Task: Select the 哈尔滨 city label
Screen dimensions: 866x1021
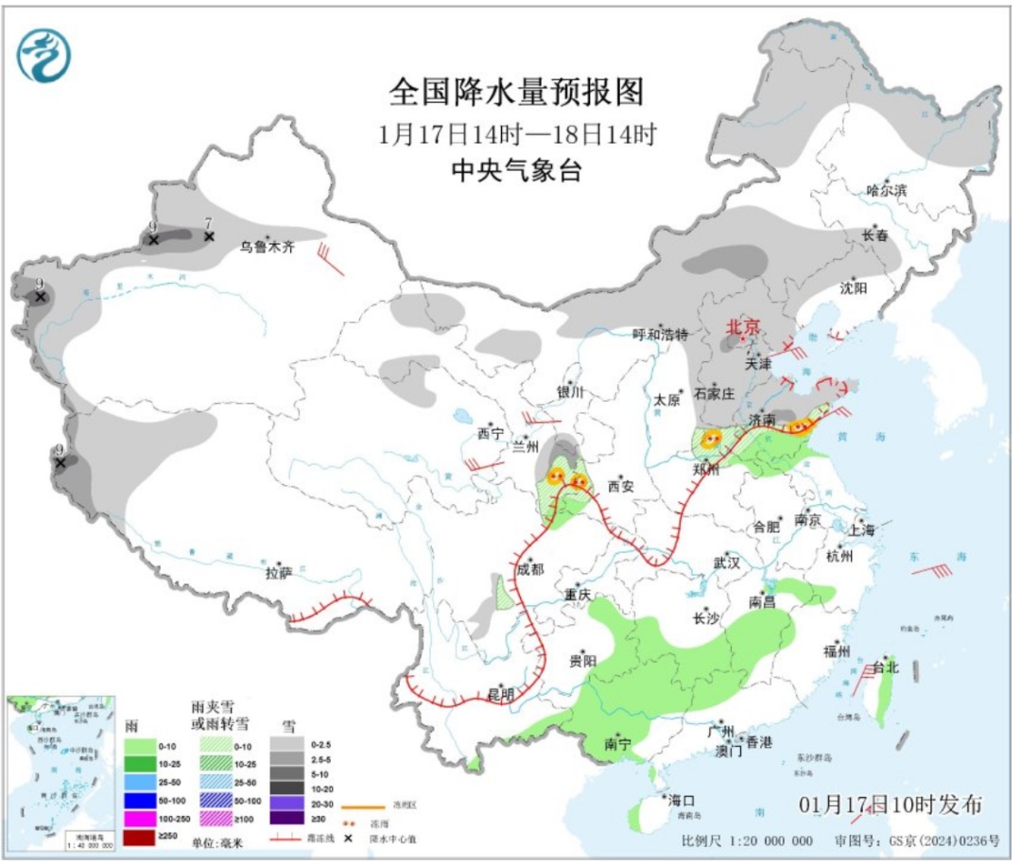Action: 887,190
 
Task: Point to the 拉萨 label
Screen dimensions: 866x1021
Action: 279,572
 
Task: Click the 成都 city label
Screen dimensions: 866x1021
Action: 530,570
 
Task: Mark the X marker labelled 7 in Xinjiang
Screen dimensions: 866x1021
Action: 209,235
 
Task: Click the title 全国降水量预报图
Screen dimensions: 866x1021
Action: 516,92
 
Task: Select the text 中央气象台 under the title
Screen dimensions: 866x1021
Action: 516,171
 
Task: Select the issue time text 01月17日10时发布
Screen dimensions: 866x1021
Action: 890,805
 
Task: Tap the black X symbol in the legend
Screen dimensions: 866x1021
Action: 348,838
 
